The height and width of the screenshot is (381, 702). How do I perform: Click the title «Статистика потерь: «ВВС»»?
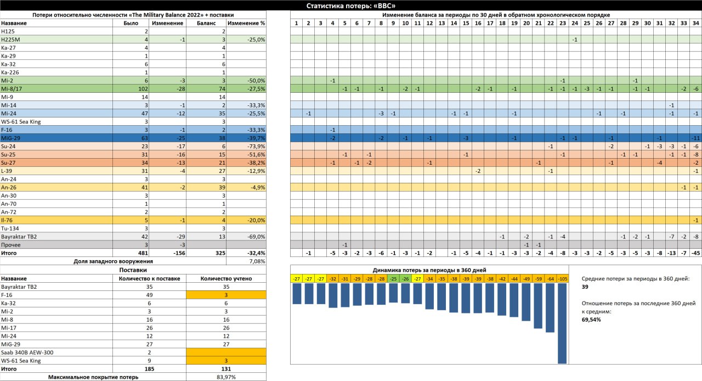pyautogui.click(x=350, y=5)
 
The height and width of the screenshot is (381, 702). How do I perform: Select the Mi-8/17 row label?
pyautogui.click(x=12, y=89)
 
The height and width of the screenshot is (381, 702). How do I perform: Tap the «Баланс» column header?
pyautogui.click(x=206, y=23)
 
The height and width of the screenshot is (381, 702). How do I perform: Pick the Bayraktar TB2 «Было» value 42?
pyautogui.click(x=144, y=237)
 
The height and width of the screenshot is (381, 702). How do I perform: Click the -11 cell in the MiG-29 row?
pyautogui.click(x=695, y=138)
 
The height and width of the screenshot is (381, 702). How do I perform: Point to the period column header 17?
pyautogui.click(x=490, y=23)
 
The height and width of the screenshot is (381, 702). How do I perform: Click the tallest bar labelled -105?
pyautogui.click(x=562, y=323)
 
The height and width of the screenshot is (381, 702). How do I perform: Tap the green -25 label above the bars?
pyautogui.click(x=393, y=279)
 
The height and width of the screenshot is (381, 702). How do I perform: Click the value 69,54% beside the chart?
pyautogui.click(x=591, y=320)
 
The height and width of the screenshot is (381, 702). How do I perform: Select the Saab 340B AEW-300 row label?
pyautogui.click(x=27, y=352)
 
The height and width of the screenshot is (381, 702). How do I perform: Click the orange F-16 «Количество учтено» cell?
pyautogui.click(x=226, y=295)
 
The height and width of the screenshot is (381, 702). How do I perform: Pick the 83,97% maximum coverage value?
pyautogui.click(x=226, y=377)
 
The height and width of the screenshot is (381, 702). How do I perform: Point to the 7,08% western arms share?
pyautogui.click(x=257, y=261)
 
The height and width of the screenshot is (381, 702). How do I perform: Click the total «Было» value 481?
pyautogui.click(x=143, y=253)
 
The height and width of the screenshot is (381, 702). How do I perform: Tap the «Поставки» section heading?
pyautogui.click(x=133, y=270)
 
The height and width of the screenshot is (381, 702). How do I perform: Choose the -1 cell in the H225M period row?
pyautogui.click(x=574, y=40)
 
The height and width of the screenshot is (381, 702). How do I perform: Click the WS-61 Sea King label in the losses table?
pyautogui.click(x=21, y=122)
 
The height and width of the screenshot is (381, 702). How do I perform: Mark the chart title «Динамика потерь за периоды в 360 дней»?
pyautogui.click(x=429, y=270)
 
